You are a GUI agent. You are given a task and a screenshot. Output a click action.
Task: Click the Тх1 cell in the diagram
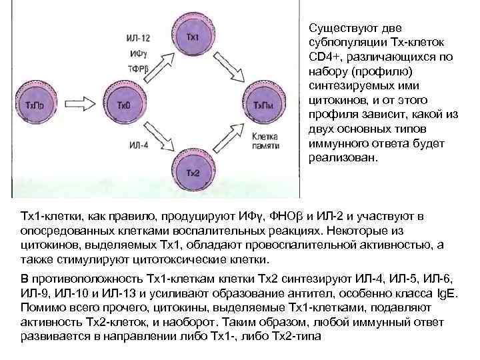(x=192, y=36)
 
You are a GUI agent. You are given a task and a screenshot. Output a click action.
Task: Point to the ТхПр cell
(x=41, y=105)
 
